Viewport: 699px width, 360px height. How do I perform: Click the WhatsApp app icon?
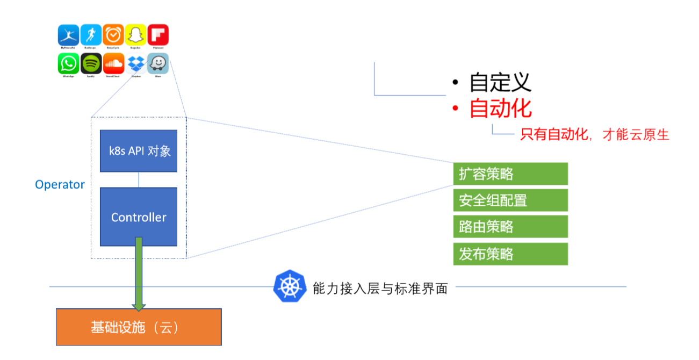(68, 64)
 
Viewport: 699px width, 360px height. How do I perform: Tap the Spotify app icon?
(91, 64)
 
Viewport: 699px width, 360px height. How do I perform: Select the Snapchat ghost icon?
(135, 35)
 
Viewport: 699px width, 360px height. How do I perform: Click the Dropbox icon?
(135, 64)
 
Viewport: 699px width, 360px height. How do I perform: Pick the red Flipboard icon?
(158, 35)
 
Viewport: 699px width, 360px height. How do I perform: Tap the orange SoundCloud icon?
(113, 64)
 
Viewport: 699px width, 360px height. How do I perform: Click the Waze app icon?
(158, 64)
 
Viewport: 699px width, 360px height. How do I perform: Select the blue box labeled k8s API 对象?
(139, 151)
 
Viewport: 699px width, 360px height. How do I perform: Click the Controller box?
(139, 217)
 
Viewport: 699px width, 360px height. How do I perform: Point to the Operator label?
(60, 185)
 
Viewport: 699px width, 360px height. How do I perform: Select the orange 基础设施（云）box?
(139, 327)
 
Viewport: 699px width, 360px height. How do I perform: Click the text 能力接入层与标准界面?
(380, 288)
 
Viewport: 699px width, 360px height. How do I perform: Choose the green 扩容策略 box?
(510, 174)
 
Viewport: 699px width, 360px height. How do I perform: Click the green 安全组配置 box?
(510, 200)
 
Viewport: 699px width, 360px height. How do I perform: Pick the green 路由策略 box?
(510, 227)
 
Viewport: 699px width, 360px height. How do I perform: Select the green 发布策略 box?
(510, 254)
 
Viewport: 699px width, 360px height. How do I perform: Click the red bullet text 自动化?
(500, 109)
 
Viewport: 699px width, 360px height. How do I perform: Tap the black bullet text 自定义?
(500, 82)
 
